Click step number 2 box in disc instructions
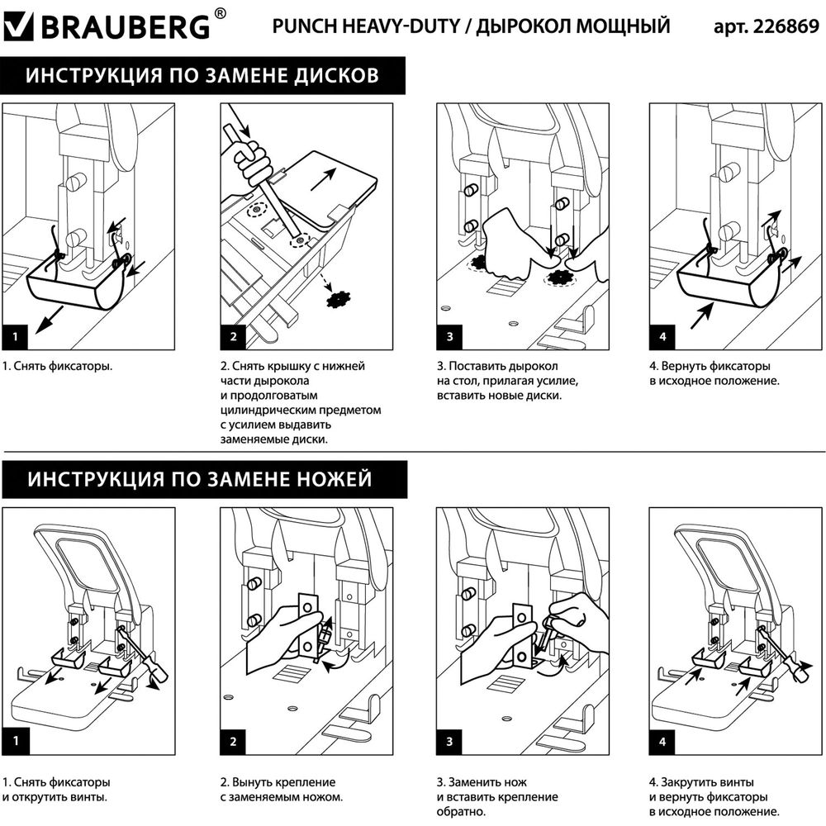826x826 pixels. [234, 336]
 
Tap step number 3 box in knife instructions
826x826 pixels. [449, 741]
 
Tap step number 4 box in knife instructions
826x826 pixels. [663, 741]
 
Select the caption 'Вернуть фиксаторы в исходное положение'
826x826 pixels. [715, 373]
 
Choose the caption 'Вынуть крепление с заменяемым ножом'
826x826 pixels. [281, 790]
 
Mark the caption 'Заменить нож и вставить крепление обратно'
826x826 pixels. [497, 797]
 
